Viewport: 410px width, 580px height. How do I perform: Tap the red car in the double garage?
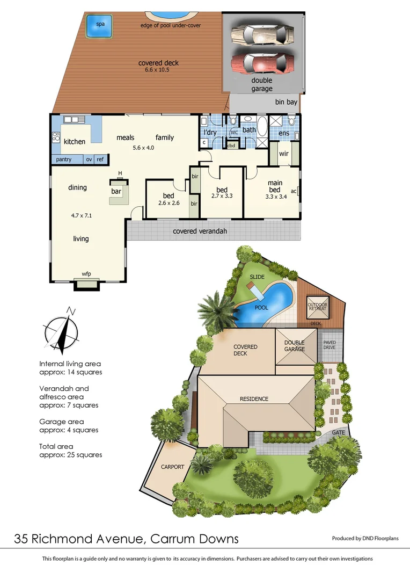(x=262, y=63)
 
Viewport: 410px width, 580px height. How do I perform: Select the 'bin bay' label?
(x=287, y=102)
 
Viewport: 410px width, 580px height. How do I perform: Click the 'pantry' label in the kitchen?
(x=64, y=160)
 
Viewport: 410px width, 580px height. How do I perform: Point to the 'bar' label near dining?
(x=116, y=191)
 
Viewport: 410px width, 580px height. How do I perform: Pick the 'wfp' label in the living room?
(x=86, y=274)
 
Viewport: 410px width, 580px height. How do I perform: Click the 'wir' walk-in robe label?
(x=284, y=154)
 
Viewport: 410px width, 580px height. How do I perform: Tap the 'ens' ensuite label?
(x=284, y=133)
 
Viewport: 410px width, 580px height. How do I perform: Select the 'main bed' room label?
(x=274, y=186)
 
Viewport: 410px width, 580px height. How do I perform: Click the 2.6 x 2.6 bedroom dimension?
(x=169, y=203)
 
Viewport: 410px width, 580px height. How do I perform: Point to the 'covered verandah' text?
(x=200, y=231)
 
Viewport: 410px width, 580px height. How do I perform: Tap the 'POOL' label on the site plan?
(x=261, y=308)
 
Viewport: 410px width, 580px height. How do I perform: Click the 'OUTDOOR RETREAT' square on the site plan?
(x=317, y=308)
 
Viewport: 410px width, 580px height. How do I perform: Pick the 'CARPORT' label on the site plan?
(x=172, y=467)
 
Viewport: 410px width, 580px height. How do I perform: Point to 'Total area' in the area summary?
(x=56, y=446)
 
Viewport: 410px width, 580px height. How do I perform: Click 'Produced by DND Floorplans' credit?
(x=365, y=538)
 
